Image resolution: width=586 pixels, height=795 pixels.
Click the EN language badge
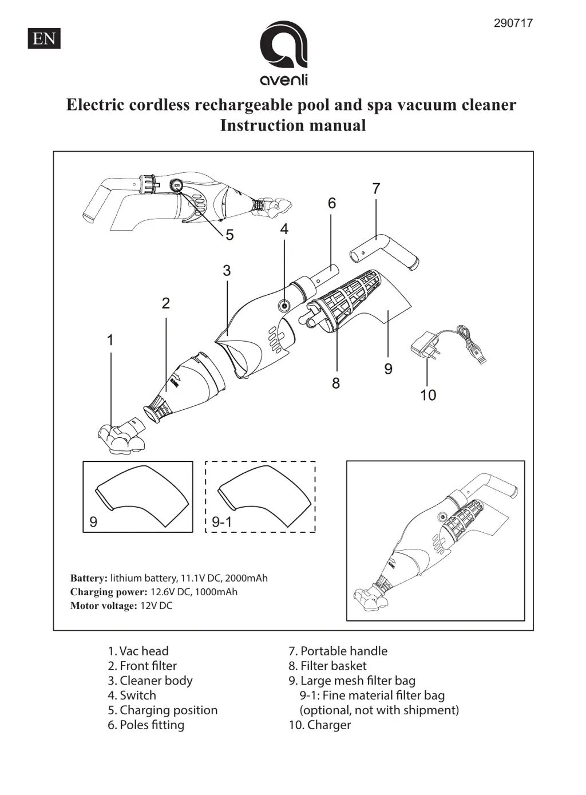coord(44,38)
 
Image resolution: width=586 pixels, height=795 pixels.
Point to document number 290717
coord(513,23)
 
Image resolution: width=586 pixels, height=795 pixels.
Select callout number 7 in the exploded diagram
coord(376,188)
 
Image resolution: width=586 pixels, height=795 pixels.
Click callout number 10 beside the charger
coord(428,395)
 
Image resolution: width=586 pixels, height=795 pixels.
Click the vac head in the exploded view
coord(121,438)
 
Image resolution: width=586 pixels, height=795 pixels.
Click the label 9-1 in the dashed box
coord(221,522)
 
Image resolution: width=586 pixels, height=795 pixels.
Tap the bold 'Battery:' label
coord(89,578)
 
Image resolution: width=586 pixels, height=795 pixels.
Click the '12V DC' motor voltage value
coord(156,606)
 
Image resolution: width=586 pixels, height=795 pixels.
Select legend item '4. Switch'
coord(132,695)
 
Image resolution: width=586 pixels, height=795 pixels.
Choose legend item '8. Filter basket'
coord(327,666)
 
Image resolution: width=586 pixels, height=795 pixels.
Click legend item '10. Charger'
coord(319,725)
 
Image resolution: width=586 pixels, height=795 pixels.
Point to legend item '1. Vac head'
coord(138,651)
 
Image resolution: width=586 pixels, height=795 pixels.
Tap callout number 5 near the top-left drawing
coord(229,235)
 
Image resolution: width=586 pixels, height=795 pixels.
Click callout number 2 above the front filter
coord(166,303)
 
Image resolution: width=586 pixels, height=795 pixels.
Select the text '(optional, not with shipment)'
coord(379,710)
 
